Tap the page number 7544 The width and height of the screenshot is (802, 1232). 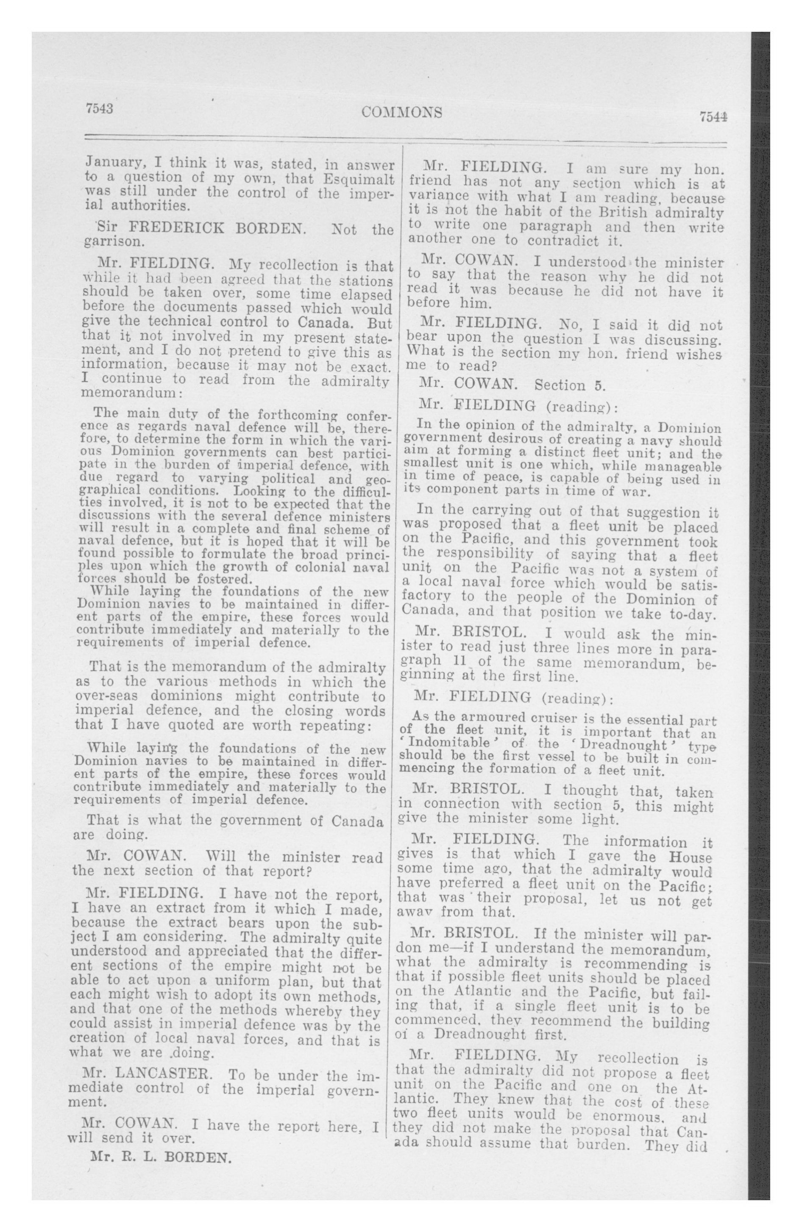(713, 117)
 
